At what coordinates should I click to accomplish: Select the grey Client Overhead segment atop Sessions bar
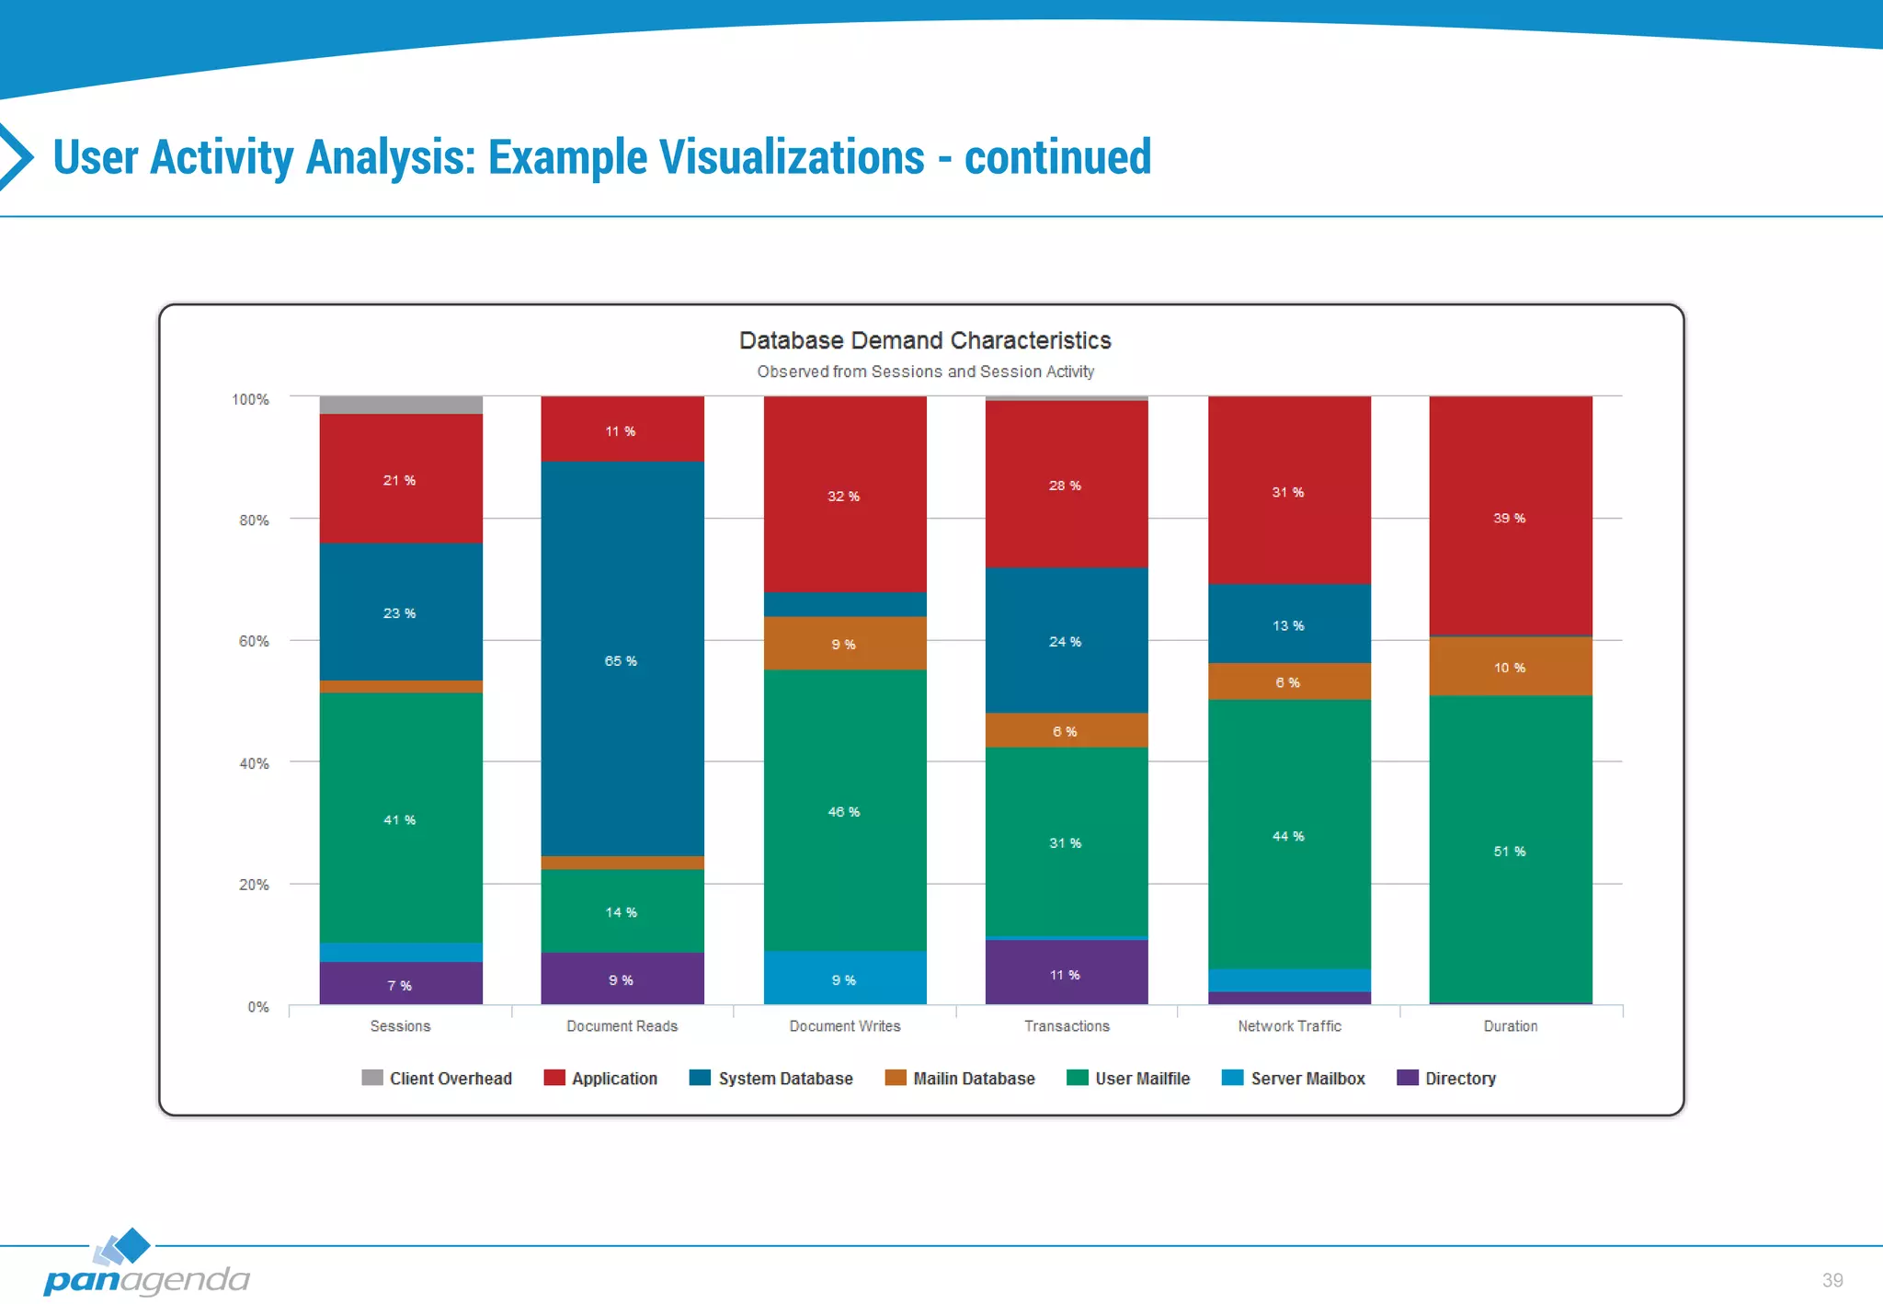pos(401,405)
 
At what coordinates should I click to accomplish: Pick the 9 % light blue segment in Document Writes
pos(844,978)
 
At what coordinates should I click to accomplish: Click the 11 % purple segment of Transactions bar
pos(1066,972)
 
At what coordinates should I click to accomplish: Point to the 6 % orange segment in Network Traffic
pos(1288,681)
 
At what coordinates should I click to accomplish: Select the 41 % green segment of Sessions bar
pos(401,818)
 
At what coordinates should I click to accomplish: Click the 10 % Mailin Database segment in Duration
pos(1510,667)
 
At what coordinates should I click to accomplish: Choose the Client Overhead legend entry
pos(437,1078)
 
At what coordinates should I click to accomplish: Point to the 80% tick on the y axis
pos(254,520)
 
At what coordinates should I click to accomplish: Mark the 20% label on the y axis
pos(254,885)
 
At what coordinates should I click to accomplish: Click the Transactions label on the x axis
pos(1067,1025)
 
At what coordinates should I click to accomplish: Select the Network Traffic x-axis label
pos(1289,1025)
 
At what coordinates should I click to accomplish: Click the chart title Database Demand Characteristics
pos(925,340)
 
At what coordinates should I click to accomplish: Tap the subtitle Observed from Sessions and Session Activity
pos(925,372)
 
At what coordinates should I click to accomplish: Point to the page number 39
pos(1832,1280)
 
